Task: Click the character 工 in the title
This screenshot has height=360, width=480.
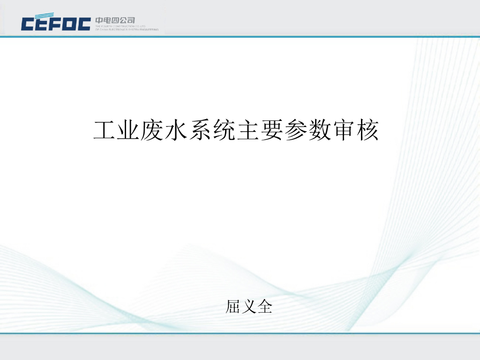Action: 105,131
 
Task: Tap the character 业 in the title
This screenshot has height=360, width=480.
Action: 129,131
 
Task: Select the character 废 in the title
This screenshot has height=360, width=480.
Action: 153,131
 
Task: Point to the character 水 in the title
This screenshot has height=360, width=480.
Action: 177,131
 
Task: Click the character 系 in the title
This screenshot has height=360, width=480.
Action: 200,131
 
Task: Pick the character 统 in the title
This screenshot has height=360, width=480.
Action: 224,131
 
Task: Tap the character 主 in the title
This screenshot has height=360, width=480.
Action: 248,131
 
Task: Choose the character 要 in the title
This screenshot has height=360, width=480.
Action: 272,131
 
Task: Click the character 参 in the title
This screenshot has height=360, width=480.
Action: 296,131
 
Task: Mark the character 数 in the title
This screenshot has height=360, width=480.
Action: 320,131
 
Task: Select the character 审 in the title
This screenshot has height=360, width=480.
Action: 344,131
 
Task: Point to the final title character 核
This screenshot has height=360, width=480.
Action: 367,131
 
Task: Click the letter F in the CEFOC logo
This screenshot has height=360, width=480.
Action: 56,23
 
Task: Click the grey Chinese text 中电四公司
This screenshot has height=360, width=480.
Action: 115,20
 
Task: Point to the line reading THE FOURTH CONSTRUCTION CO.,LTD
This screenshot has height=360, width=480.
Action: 120,26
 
